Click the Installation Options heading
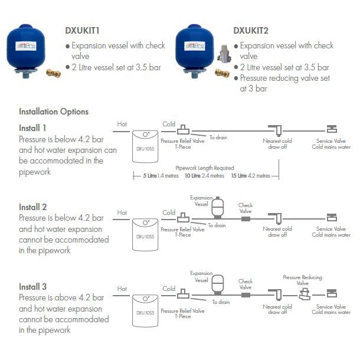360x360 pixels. tap(54, 111)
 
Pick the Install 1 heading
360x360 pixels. tap(32, 127)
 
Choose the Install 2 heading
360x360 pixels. tap(32, 207)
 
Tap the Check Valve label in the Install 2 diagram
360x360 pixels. tap(246, 208)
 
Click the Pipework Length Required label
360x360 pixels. tap(208, 168)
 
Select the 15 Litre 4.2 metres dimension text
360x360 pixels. tap(251, 175)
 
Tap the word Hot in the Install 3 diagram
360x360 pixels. tap(122, 289)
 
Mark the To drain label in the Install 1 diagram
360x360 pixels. tap(218, 138)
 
